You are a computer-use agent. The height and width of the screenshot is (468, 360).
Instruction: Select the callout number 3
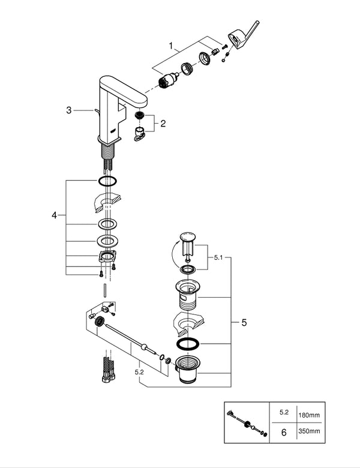(x=69, y=110)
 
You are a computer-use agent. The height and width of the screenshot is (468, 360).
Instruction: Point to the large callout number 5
(x=244, y=323)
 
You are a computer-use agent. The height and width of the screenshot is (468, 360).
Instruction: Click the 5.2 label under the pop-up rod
(x=139, y=373)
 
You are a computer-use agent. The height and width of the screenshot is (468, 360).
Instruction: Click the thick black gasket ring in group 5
(x=188, y=344)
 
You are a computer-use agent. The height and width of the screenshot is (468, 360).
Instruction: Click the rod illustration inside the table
(x=246, y=421)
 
